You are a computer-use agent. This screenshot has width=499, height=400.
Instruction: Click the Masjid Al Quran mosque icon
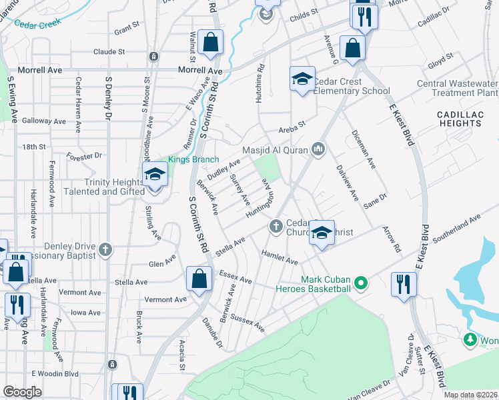coord(318,149)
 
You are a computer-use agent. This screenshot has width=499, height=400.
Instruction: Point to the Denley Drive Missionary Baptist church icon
coord(104,250)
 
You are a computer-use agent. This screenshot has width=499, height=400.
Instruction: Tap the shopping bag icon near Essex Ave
coord(199,279)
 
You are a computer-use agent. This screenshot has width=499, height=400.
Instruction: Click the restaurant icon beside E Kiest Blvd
coord(404,283)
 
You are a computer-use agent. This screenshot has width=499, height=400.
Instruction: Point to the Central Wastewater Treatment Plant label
coord(458,88)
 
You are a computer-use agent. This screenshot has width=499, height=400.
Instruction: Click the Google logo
coord(22,392)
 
